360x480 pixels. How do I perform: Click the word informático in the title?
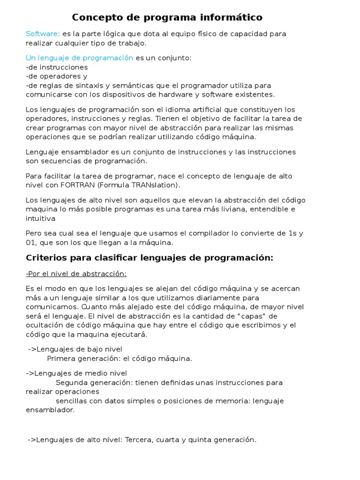[229, 17]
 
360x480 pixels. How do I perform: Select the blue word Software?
[43, 34]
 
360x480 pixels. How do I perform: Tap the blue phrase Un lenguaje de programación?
[79, 58]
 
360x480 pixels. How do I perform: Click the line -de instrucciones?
[57, 67]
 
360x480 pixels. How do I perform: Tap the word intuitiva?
[40, 218]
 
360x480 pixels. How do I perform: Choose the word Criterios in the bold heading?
[45, 258]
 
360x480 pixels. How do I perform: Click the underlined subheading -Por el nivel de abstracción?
[76, 274]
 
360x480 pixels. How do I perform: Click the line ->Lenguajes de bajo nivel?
[75, 349]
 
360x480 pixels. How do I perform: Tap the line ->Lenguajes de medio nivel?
[76, 373]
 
